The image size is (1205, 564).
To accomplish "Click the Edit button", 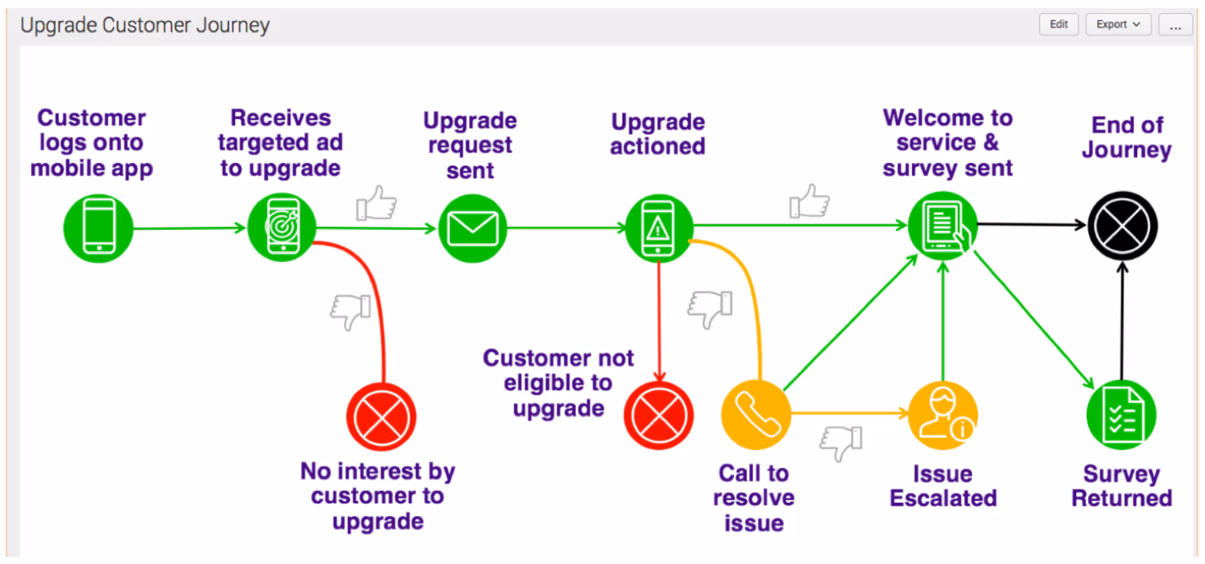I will [x=1059, y=24].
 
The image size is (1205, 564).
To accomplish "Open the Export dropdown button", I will [x=1118, y=24].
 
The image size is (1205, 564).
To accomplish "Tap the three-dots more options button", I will [x=1175, y=26].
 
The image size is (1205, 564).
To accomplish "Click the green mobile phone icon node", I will [x=98, y=228].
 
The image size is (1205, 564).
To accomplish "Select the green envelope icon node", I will [x=472, y=228].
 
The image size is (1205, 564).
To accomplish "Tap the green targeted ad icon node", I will [x=282, y=228].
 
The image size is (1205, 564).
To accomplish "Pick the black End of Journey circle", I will [x=1122, y=226].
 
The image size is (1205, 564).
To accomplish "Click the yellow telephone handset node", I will [x=756, y=414].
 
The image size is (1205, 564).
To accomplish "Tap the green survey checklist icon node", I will [x=1121, y=415].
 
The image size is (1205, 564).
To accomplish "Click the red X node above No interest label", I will [x=381, y=417].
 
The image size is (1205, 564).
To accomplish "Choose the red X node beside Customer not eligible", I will [x=658, y=415].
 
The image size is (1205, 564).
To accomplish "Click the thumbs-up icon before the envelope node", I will [x=377, y=203].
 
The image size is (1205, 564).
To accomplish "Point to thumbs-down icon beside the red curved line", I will [x=351, y=312].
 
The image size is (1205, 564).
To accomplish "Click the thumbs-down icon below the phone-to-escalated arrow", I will [x=841, y=442].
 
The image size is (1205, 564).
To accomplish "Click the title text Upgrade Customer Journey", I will [x=144, y=26].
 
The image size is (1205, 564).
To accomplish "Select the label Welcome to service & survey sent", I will [x=947, y=142].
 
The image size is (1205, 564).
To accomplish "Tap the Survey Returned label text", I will [x=1121, y=485].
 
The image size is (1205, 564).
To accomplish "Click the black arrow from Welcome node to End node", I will [x=1031, y=224].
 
